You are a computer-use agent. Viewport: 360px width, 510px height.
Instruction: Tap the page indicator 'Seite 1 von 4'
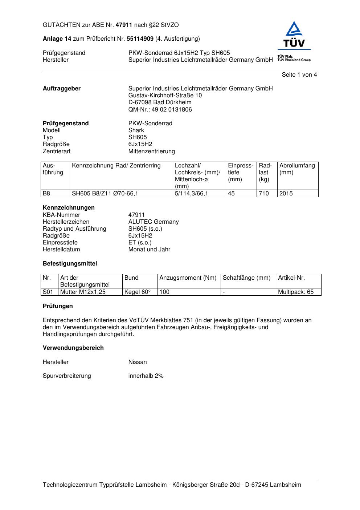(x=299, y=75)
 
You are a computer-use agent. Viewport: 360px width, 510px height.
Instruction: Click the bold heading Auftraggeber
(x=62, y=89)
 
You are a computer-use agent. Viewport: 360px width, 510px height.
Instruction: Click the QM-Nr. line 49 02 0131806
(x=160, y=110)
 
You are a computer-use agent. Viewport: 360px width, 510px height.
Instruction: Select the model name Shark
(x=136, y=130)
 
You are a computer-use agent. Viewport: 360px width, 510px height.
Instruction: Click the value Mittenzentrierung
(x=151, y=151)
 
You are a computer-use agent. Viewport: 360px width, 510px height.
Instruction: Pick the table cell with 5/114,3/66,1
(x=191, y=194)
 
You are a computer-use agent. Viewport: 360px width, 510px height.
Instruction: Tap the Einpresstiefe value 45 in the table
(x=231, y=194)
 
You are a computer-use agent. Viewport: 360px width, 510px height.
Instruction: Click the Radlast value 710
(x=264, y=194)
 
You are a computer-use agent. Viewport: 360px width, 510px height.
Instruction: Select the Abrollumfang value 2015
(x=286, y=194)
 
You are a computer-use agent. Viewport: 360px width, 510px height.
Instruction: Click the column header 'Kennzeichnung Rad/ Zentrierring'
(x=116, y=166)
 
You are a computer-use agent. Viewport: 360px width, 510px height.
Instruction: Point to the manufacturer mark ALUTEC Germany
(x=154, y=222)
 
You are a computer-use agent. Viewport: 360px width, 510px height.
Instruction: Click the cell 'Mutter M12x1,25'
(x=83, y=292)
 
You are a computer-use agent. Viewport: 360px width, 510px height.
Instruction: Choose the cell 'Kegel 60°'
(x=137, y=292)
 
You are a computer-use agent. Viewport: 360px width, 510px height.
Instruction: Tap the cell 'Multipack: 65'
(x=296, y=292)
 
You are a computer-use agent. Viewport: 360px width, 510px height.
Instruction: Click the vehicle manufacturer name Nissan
(x=138, y=362)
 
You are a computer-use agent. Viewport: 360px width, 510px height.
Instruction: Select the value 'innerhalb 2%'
(x=146, y=376)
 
